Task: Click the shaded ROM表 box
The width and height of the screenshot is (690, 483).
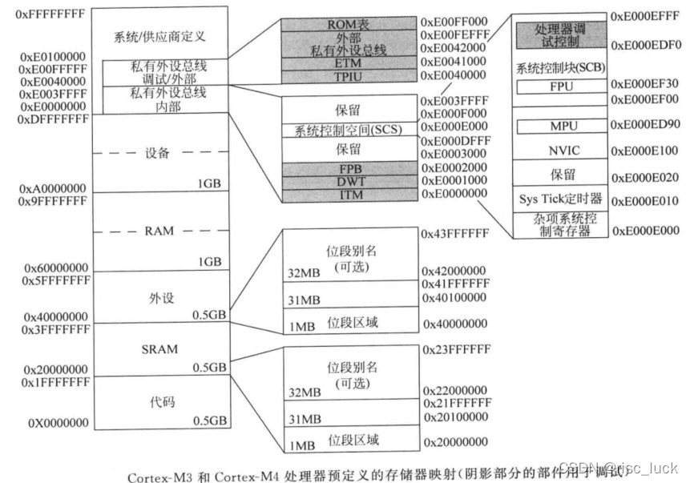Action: point(348,25)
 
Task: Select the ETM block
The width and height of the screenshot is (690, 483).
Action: point(348,62)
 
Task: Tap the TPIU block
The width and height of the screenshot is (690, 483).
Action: point(348,75)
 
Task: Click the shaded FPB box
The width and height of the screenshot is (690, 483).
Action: point(348,168)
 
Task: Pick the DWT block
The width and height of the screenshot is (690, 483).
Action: point(348,182)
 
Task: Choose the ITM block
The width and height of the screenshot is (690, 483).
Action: point(348,195)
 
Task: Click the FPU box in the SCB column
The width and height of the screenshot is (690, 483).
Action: point(559,85)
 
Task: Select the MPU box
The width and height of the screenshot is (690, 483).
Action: point(559,127)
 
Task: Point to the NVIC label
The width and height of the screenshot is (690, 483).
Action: point(559,150)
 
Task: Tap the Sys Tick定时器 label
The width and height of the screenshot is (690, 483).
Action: point(559,199)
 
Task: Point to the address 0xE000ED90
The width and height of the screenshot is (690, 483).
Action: point(646,126)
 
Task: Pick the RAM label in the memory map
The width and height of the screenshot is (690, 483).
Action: point(159,231)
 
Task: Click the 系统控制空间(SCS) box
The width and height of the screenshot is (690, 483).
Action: point(348,130)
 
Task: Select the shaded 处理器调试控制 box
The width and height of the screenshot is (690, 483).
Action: point(559,35)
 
